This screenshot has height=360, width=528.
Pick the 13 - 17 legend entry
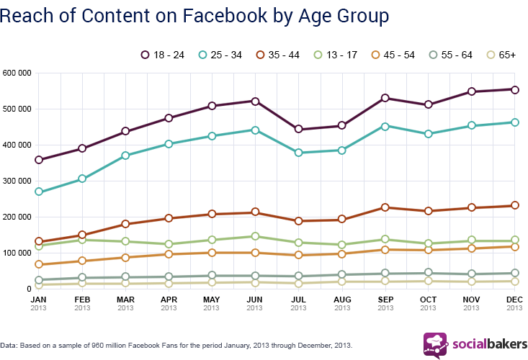click(x=344, y=55)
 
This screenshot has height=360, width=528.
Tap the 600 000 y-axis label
click(x=18, y=73)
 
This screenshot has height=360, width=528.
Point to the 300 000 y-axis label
click(x=18, y=181)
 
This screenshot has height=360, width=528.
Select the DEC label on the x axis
click(x=514, y=300)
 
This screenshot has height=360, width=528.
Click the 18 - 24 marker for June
click(x=254, y=101)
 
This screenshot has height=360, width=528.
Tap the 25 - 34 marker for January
click(x=38, y=192)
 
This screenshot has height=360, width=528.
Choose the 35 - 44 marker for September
click(x=385, y=207)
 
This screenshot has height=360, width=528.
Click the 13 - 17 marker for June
click(x=254, y=236)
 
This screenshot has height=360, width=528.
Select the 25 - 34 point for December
click(x=514, y=122)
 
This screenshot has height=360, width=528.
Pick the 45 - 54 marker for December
click(x=514, y=246)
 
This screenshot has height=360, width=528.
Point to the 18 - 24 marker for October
click(x=429, y=104)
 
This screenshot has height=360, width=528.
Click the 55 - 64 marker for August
click(x=341, y=274)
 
